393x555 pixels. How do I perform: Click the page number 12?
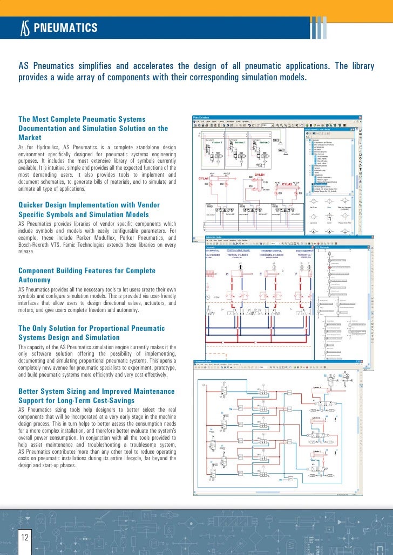25,537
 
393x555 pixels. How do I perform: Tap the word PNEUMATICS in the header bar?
65,28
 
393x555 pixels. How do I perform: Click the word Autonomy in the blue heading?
35,280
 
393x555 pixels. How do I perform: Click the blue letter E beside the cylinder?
261,274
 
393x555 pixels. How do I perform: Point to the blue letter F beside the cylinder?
296,274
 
